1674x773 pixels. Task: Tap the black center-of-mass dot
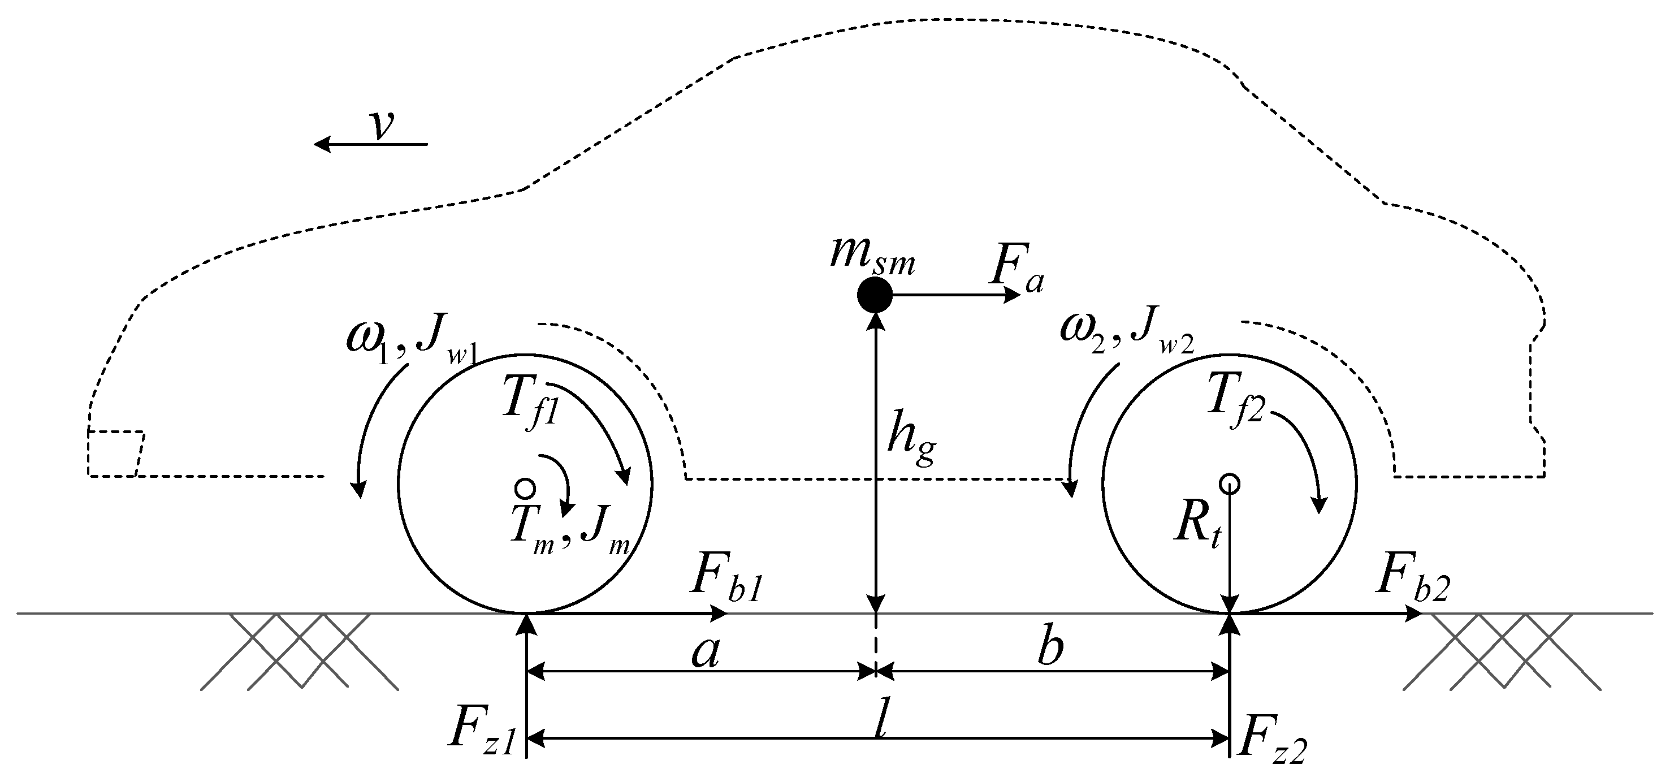click(875, 295)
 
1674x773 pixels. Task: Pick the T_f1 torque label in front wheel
click(530, 405)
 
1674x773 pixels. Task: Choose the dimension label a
click(705, 652)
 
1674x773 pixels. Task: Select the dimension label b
click(1049, 649)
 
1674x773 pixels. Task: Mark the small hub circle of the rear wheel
click(1230, 483)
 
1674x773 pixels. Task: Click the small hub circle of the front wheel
click(524, 487)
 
